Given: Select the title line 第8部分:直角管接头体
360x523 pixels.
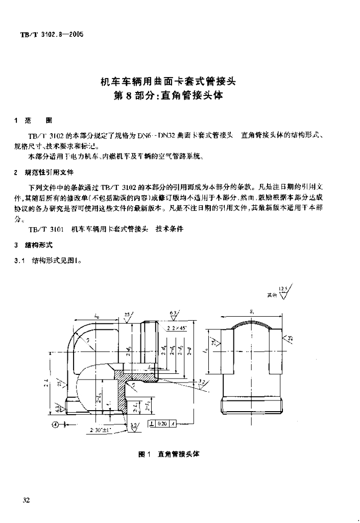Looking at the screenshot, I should coord(168,96).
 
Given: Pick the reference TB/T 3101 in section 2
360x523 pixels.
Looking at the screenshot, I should coord(46,229).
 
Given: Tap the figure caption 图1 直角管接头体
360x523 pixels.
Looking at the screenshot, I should coord(169,454).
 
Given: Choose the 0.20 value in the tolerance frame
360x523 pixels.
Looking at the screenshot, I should coord(163,423).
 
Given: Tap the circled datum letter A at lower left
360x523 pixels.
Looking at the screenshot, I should coord(55,423).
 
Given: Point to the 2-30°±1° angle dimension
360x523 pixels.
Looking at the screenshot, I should coord(100,431).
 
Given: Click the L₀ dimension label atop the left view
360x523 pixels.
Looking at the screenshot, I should coord(97,317).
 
